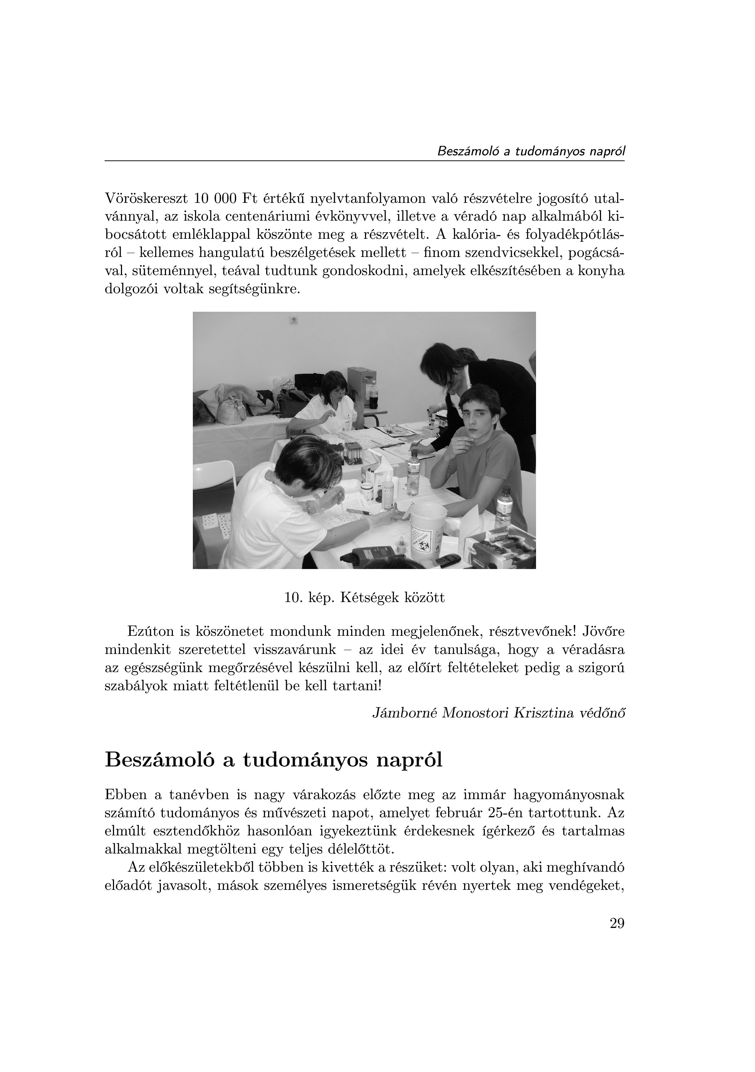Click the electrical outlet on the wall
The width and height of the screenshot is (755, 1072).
pyautogui.click(x=295, y=320)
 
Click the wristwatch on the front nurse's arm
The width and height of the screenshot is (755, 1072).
pyautogui.click(x=308, y=507)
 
